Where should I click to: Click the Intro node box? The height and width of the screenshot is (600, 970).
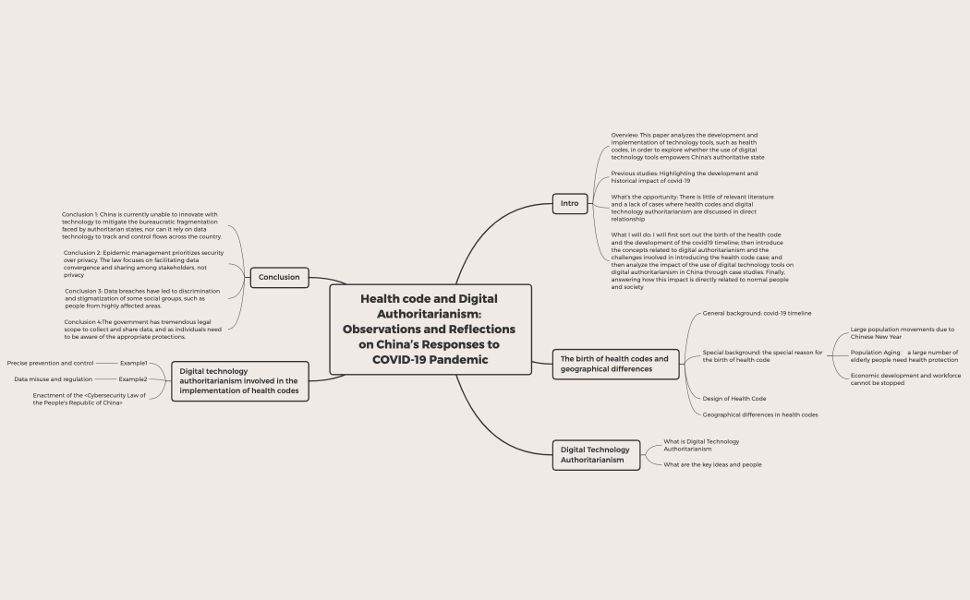click(x=570, y=203)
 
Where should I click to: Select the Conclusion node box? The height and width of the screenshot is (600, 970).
click(x=279, y=277)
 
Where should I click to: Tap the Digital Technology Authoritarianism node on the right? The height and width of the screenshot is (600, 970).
click(x=596, y=454)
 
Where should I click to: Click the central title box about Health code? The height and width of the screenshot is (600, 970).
click(x=430, y=329)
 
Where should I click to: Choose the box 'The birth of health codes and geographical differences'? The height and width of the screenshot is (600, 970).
click(x=614, y=364)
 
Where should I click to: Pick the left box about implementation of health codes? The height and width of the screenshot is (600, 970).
click(x=239, y=381)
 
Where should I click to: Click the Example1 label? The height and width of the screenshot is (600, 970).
click(x=133, y=363)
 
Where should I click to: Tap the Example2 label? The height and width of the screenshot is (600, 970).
click(x=132, y=379)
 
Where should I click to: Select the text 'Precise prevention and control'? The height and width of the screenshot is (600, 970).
click(x=50, y=363)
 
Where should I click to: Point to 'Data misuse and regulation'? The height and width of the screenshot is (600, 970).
click(x=53, y=379)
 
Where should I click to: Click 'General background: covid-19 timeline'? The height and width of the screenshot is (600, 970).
click(x=757, y=313)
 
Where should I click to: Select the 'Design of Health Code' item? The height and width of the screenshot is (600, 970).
click(x=734, y=399)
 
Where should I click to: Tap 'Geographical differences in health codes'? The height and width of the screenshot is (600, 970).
click(x=760, y=414)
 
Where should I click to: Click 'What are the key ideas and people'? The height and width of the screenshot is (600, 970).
click(x=712, y=464)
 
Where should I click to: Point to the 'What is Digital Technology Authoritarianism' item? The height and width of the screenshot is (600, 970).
click(x=701, y=445)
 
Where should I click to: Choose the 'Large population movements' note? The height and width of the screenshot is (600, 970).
click(x=902, y=332)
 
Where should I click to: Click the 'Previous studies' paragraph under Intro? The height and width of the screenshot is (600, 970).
click(x=684, y=176)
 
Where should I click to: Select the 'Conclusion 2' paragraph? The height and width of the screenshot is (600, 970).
click(x=143, y=263)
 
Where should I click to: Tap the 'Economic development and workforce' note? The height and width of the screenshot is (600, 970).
click(x=905, y=378)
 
